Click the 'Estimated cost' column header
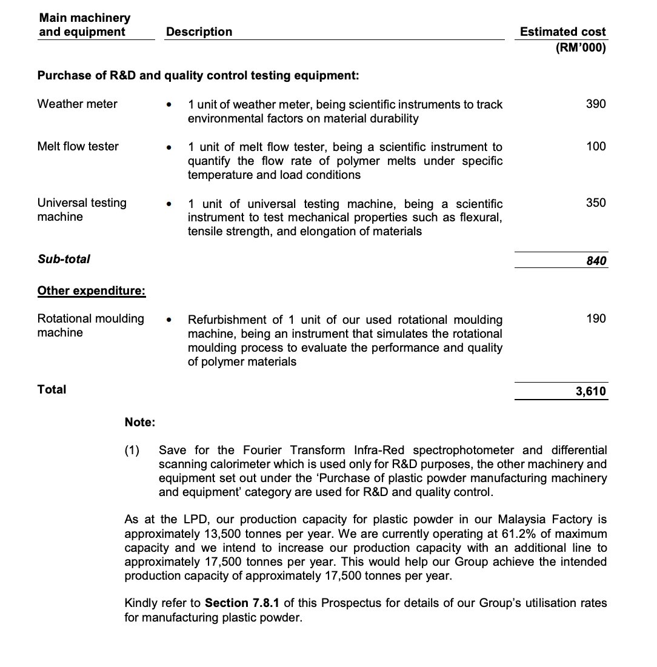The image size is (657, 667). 562,32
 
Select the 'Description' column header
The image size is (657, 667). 199,32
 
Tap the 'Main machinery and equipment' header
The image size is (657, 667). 84,25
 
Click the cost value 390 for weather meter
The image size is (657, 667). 596,104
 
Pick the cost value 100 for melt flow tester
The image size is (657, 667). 596,146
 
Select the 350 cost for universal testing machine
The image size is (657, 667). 596,203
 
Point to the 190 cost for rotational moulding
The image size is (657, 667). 596,318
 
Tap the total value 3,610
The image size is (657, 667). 590,391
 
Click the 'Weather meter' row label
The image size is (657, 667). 78,104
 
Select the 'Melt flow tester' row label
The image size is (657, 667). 78,146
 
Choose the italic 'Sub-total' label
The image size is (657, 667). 64,259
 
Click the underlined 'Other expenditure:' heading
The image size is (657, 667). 92,290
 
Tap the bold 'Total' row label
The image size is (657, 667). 52,389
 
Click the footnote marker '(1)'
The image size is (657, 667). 132,450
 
